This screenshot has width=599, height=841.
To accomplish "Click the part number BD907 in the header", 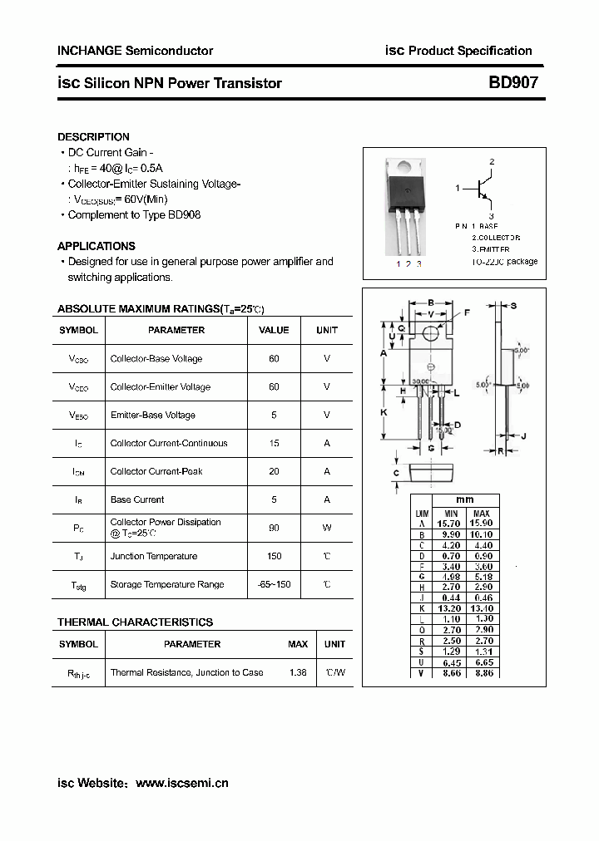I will [x=512, y=82].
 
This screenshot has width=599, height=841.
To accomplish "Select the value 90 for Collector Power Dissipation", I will [x=274, y=528].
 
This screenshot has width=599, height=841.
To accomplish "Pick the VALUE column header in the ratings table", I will [x=274, y=330].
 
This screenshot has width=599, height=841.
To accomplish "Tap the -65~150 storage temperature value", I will [x=274, y=584].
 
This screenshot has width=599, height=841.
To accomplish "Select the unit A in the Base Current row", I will [x=327, y=499].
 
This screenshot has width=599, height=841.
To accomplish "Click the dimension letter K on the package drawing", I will [x=384, y=412].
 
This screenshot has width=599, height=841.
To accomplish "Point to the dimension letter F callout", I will [x=466, y=312].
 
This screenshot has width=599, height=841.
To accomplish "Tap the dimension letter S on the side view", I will [x=513, y=306].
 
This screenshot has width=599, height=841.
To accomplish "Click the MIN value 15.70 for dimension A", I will [x=451, y=524].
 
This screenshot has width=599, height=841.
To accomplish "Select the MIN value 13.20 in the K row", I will [x=451, y=608].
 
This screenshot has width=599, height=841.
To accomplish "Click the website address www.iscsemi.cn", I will [x=181, y=783].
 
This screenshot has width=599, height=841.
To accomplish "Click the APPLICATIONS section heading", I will [x=96, y=246].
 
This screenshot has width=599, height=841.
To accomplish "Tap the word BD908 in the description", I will [x=184, y=214].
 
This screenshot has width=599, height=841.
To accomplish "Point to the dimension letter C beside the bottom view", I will [x=396, y=474].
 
